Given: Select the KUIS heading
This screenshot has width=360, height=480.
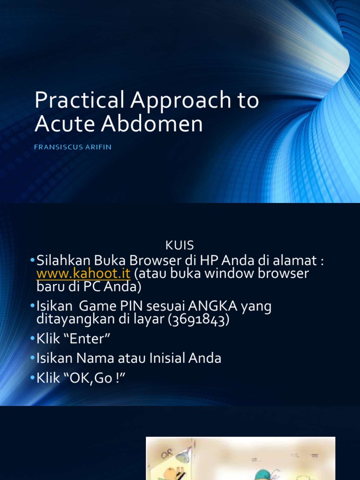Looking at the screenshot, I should (180, 245).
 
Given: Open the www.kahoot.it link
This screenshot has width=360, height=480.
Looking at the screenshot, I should (83, 273).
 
